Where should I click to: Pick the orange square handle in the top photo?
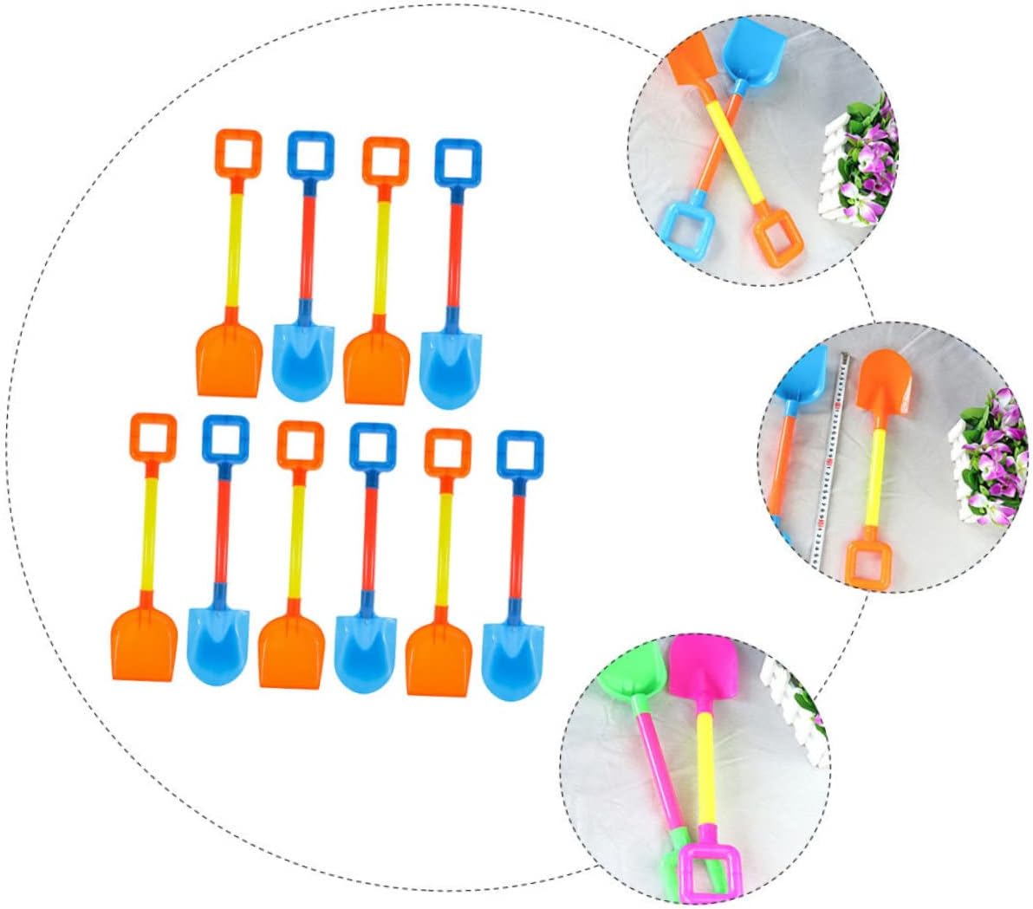[774, 241]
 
